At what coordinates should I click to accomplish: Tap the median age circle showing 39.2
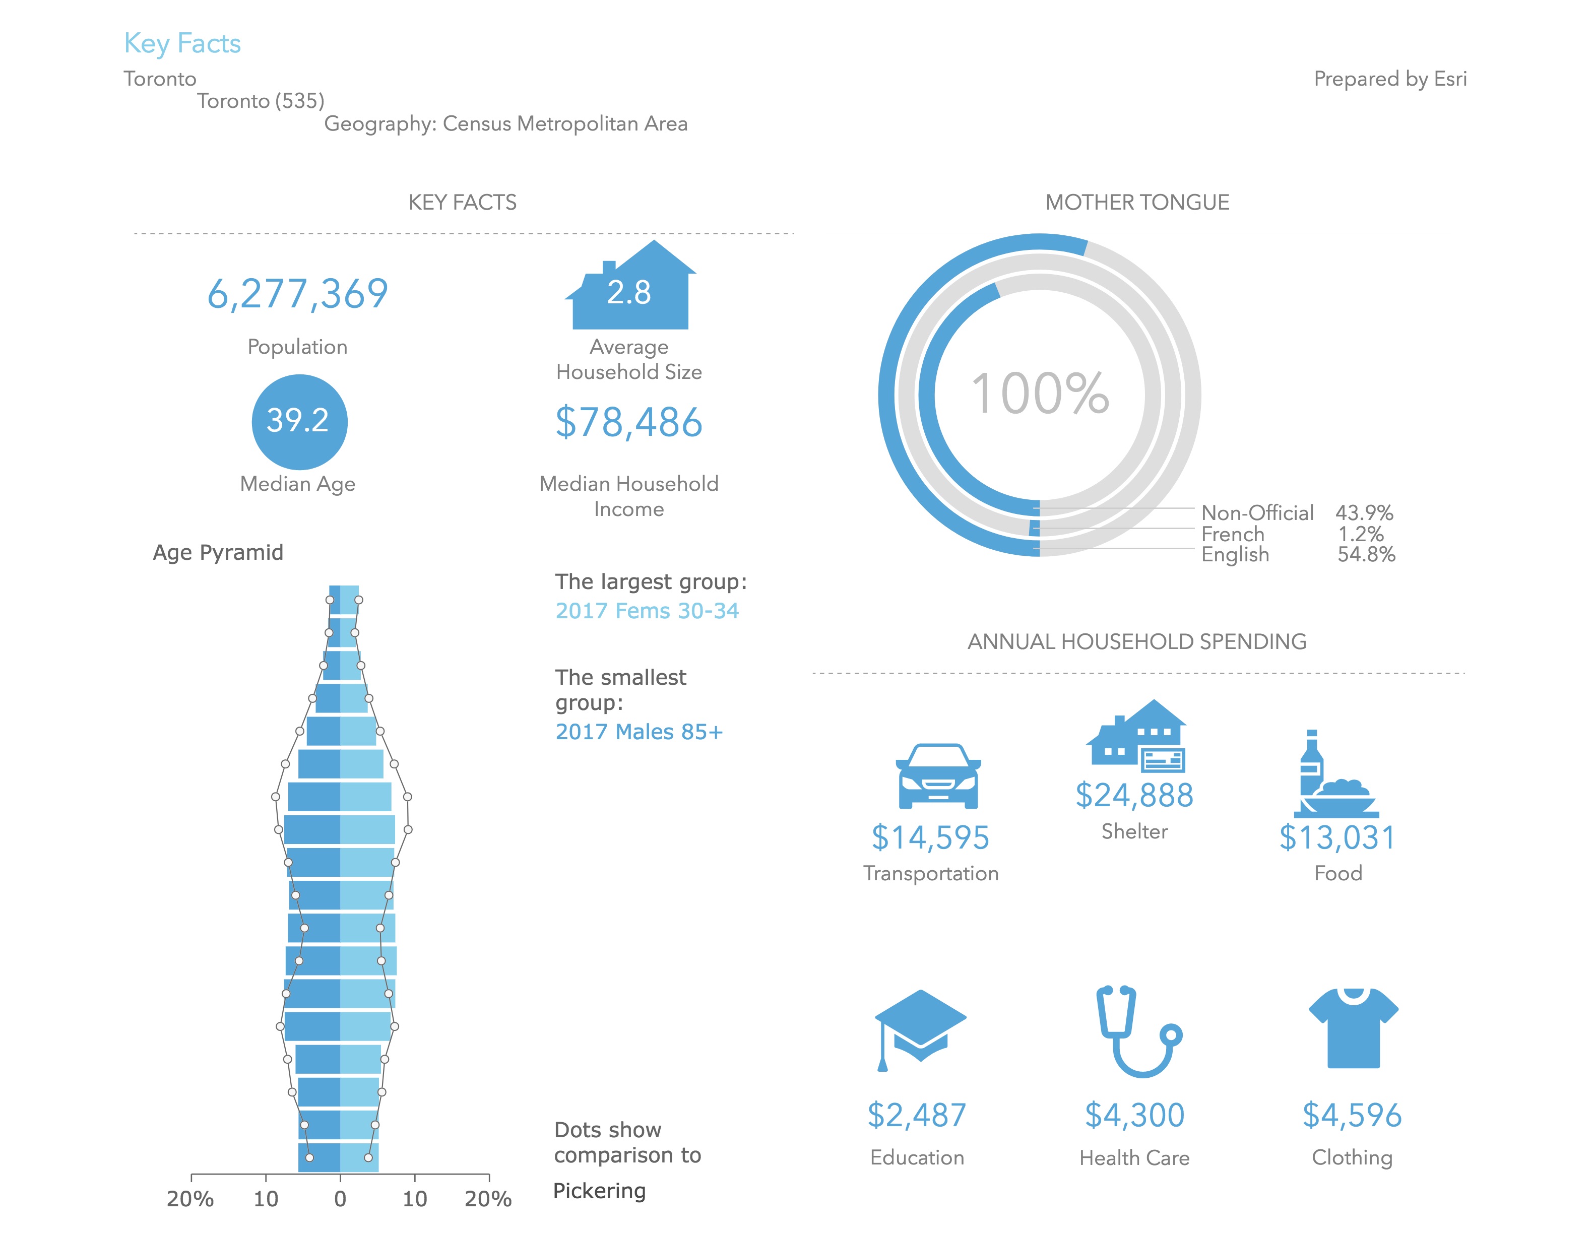point(299,421)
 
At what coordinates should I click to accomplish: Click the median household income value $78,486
point(628,422)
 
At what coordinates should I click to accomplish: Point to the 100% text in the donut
point(1039,394)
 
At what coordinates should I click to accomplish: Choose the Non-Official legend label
point(1257,512)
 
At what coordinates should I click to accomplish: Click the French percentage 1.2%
point(1361,534)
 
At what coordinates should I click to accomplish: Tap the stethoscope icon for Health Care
point(1137,1030)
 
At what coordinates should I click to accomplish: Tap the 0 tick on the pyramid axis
point(340,1198)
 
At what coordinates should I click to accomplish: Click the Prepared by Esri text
point(1389,79)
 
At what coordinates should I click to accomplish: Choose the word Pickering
point(599,1191)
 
